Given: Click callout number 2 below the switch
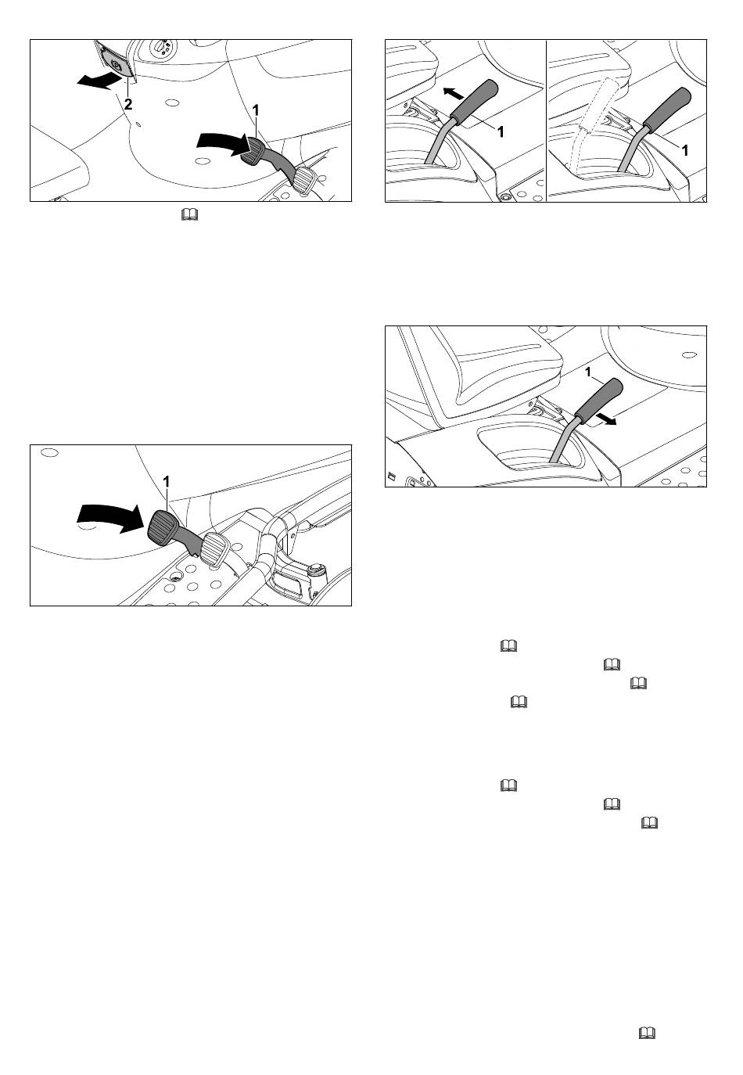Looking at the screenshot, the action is point(128,103).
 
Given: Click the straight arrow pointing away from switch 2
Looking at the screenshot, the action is point(99,81).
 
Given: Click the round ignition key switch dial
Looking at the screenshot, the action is point(160,47).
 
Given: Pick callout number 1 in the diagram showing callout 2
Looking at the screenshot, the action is point(256,110).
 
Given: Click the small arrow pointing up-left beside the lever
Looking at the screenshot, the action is point(454,93).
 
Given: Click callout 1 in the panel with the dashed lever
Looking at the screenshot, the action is point(685,150).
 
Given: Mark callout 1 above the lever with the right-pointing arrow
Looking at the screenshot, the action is point(587,372).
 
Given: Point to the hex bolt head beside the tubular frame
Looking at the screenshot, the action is point(317,570).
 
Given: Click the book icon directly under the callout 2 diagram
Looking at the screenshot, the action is point(190,215).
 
